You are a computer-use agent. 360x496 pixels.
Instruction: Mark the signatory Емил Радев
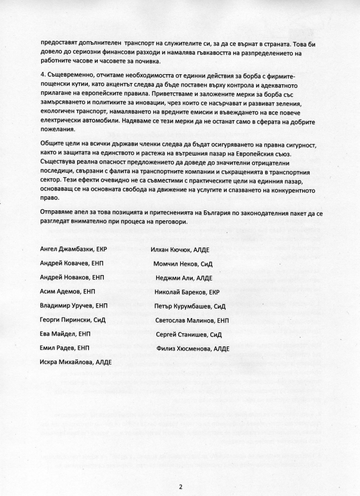tap(58, 348)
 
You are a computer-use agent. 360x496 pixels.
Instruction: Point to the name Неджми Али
tap(174, 278)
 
